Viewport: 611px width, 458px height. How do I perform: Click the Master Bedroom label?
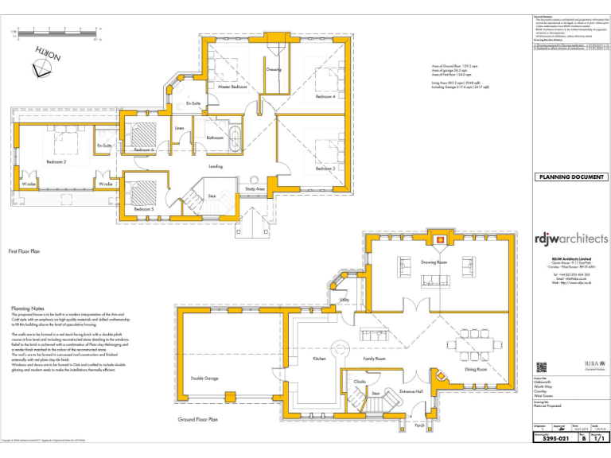[x=233, y=87]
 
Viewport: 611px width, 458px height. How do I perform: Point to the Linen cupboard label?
[x=180, y=127]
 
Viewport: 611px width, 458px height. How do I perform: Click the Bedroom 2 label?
[x=56, y=161]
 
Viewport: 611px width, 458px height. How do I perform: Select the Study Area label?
[x=255, y=188]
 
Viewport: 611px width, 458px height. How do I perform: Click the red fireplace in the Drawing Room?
[x=440, y=237]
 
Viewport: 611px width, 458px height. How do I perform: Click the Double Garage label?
[x=204, y=378]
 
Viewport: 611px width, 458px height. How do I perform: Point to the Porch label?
[x=419, y=425]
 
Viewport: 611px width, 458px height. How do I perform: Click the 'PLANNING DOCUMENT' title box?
[x=570, y=177]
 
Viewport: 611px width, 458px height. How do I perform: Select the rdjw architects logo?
[x=570, y=238]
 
